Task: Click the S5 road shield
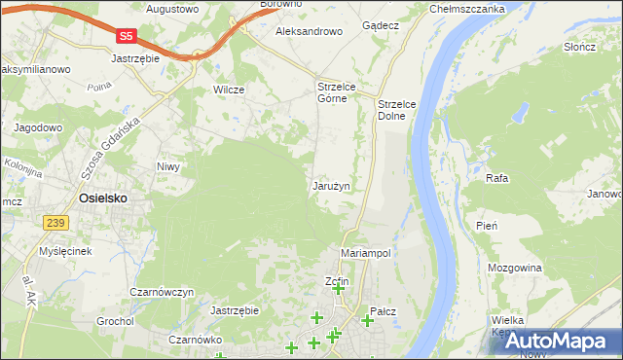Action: pos(126,36)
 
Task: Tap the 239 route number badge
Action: pos(56,223)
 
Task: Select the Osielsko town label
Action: pos(102,198)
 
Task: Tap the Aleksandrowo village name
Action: pos(310,31)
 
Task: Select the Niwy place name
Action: pos(169,166)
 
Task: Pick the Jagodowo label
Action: pos(38,126)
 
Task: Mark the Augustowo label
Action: pos(172,9)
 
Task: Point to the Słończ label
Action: pos(579,48)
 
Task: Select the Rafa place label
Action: pos(497,179)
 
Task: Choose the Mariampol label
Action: pos(366,252)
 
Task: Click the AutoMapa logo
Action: pos(557,341)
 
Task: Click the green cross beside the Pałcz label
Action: pos(367,320)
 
